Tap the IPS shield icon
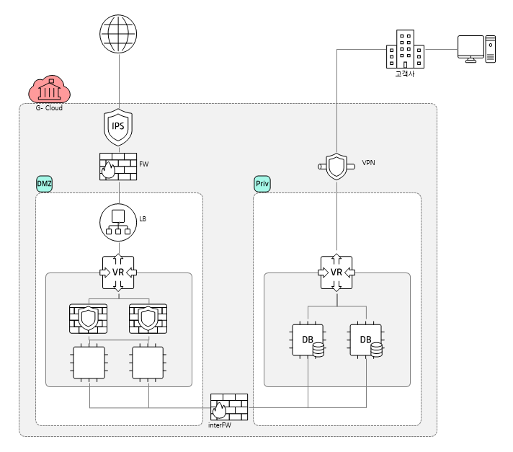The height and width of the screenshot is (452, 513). pyautogui.click(x=118, y=126)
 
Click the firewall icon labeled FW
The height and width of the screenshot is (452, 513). pyautogui.click(x=117, y=167)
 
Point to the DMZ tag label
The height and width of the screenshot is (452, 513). pyautogui.click(x=45, y=185)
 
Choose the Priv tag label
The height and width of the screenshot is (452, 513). pyautogui.click(x=262, y=185)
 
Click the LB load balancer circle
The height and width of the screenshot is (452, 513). pyautogui.click(x=117, y=221)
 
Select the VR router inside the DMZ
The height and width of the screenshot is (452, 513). pyautogui.click(x=117, y=272)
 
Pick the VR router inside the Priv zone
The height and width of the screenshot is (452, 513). pyautogui.click(x=336, y=272)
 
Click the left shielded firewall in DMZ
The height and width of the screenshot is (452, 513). pyautogui.click(x=88, y=317)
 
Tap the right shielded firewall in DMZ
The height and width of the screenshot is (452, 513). pyautogui.click(x=148, y=317)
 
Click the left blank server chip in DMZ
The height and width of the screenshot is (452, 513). pyautogui.click(x=88, y=363)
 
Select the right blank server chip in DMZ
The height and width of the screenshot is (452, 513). pyautogui.click(x=148, y=363)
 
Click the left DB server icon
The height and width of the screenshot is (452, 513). pyautogui.click(x=308, y=340)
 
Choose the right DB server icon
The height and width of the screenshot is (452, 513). pyautogui.click(x=365, y=340)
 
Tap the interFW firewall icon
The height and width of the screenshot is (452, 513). pyautogui.click(x=228, y=407)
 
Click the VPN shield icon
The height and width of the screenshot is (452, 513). pyautogui.click(x=336, y=167)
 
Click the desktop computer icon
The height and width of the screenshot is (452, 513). pyautogui.click(x=476, y=49)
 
